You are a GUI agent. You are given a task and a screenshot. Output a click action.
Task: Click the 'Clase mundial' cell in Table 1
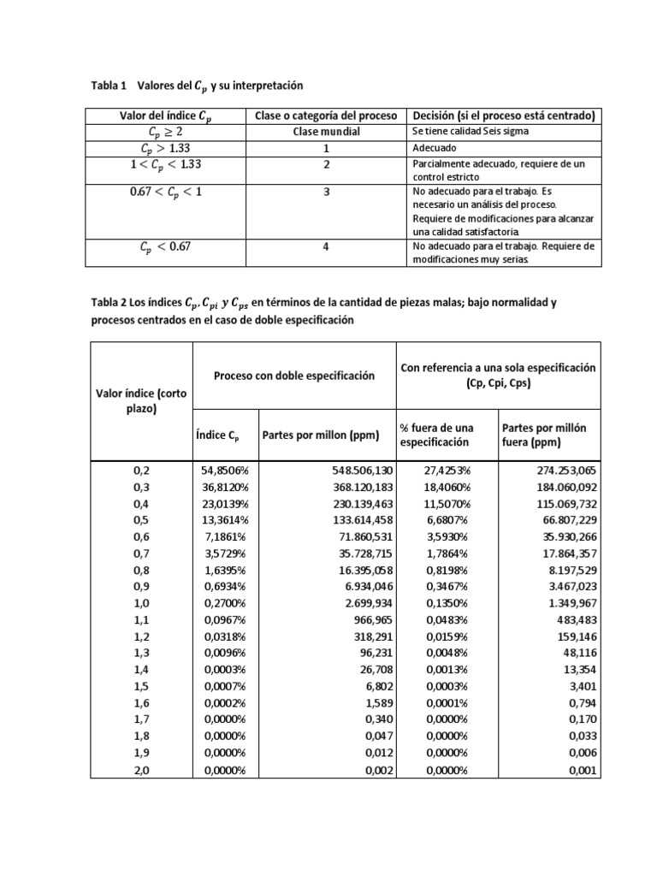[x=326, y=133]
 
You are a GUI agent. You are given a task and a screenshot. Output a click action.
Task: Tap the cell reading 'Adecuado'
[x=435, y=148]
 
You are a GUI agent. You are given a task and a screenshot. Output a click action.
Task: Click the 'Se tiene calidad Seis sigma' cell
[x=471, y=133]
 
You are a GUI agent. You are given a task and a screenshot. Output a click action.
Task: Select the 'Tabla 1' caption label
[x=108, y=86]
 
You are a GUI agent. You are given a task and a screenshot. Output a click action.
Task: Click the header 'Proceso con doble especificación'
[x=294, y=376]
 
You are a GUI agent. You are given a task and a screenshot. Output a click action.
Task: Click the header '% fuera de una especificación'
[x=436, y=435]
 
